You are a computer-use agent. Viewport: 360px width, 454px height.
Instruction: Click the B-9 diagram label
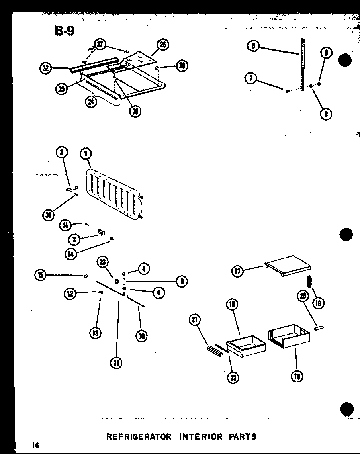(65, 31)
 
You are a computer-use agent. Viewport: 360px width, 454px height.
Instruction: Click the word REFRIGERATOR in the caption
(139, 436)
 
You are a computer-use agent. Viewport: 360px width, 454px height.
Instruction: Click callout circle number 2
(62, 152)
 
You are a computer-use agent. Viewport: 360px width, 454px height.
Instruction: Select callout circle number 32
(45, 68)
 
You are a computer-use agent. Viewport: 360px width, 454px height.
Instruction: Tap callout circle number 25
(61, 89)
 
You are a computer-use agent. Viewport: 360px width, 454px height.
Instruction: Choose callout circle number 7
(251, 78)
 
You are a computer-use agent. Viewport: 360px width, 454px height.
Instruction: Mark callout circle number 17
(237, 271)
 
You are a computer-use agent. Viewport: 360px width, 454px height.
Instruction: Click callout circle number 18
(297, 376)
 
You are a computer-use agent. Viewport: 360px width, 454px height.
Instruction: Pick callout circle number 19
(232, 305)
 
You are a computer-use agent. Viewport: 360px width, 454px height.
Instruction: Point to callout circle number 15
(40, 275)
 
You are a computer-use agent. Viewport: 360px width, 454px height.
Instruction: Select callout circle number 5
(182, 281)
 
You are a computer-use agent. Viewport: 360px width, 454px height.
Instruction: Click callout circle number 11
(116, 363)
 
